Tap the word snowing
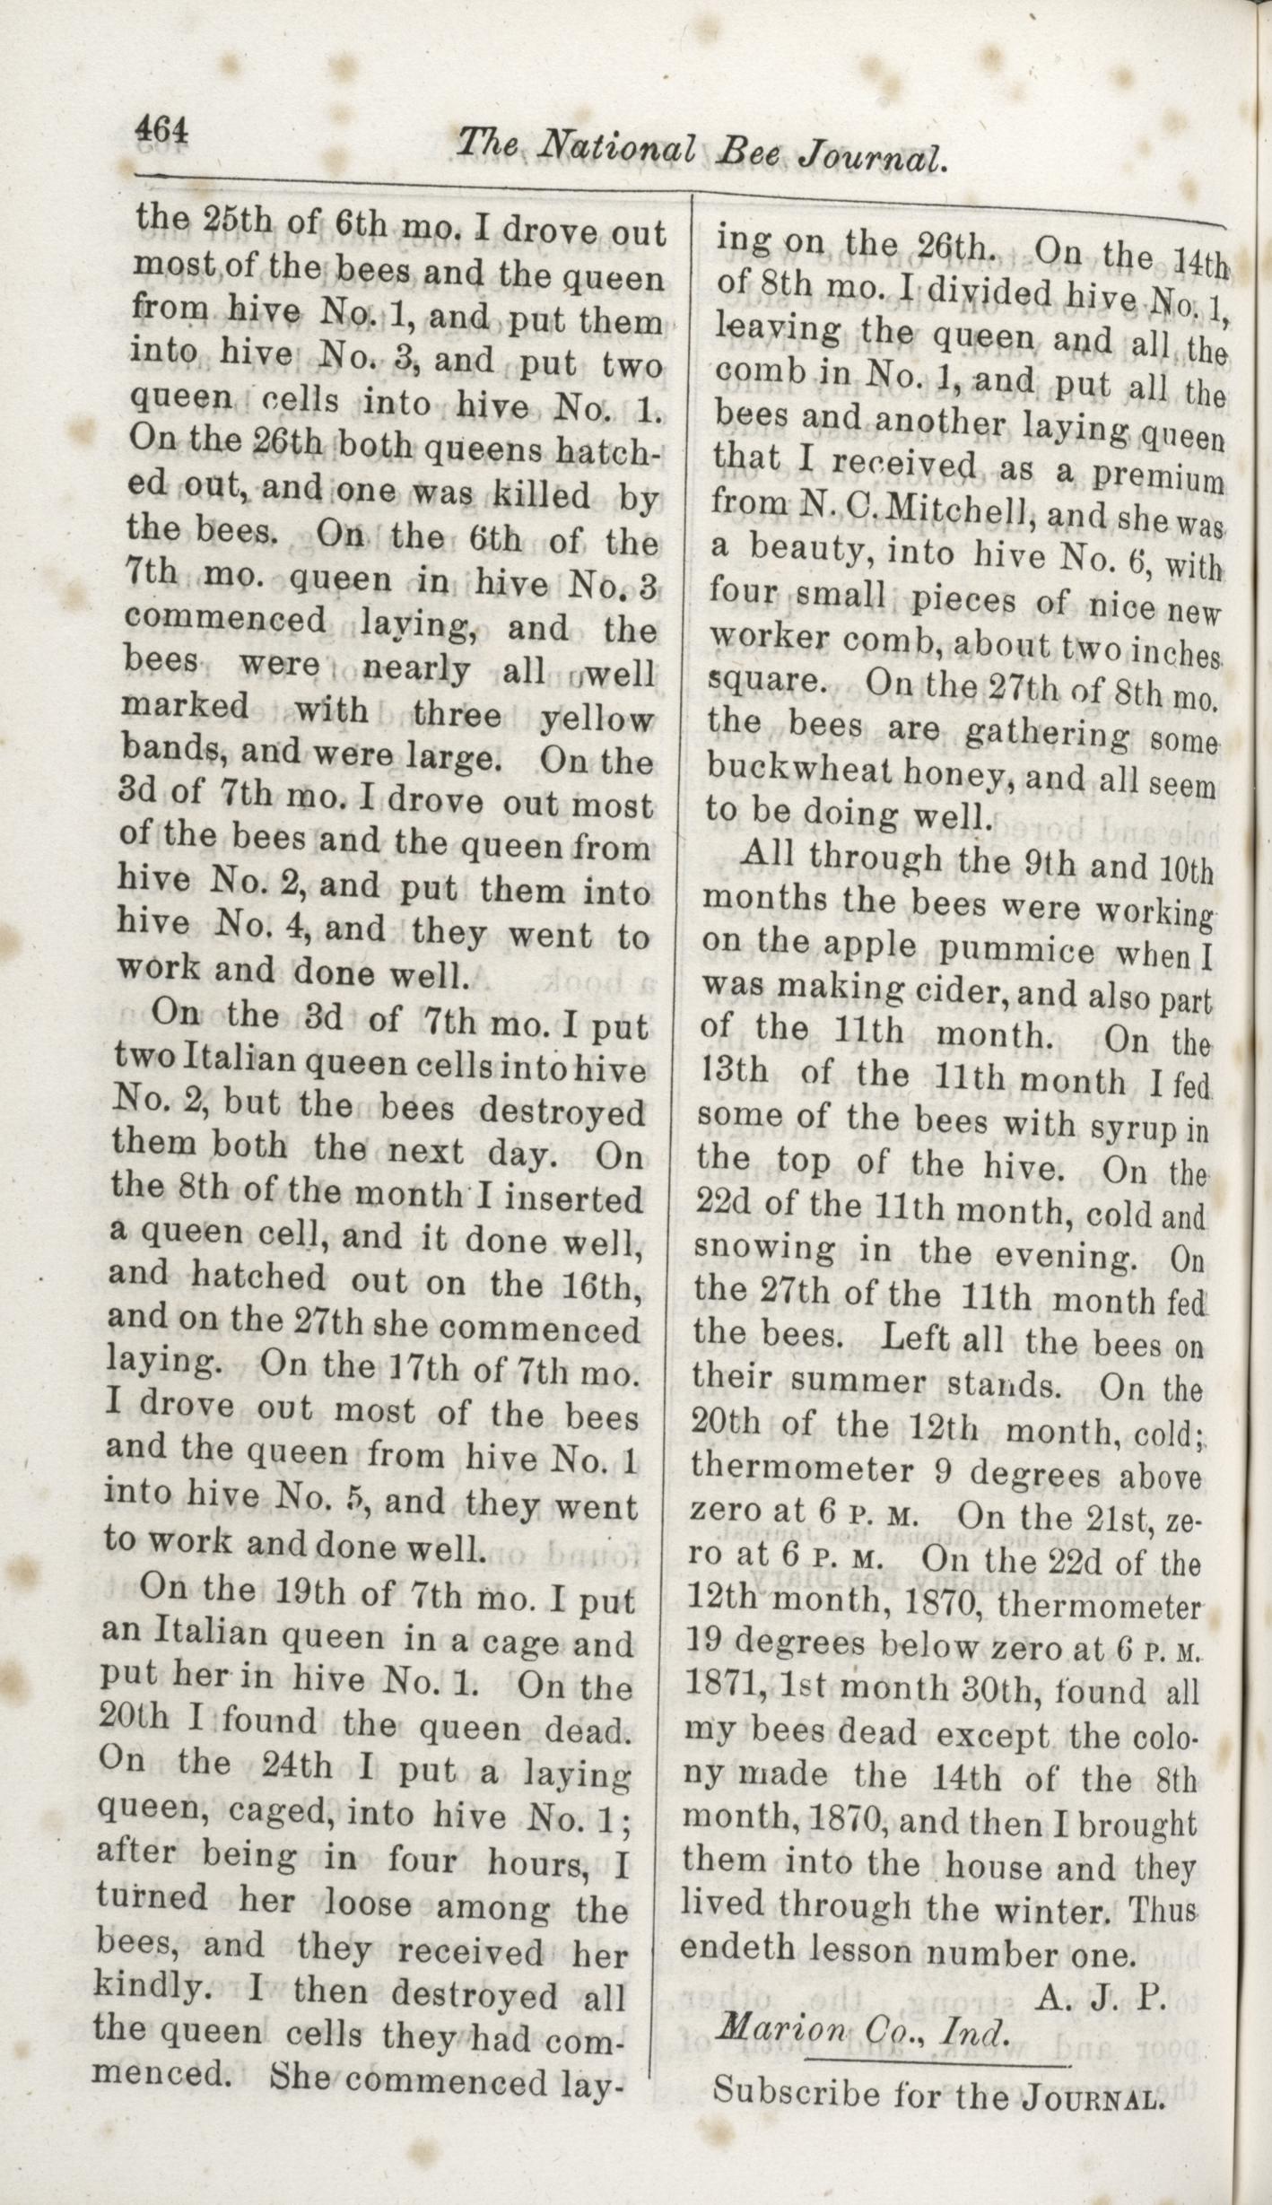point(764,1248)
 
